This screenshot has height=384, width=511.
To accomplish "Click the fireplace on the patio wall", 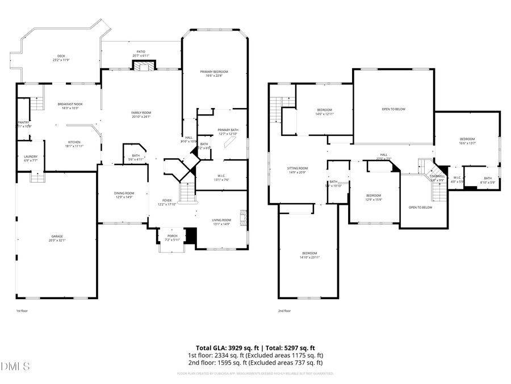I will click(144, 66).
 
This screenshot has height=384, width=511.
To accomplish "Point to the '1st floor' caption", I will click(22, 311).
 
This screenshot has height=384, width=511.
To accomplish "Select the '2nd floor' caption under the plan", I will click(284, 311).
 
